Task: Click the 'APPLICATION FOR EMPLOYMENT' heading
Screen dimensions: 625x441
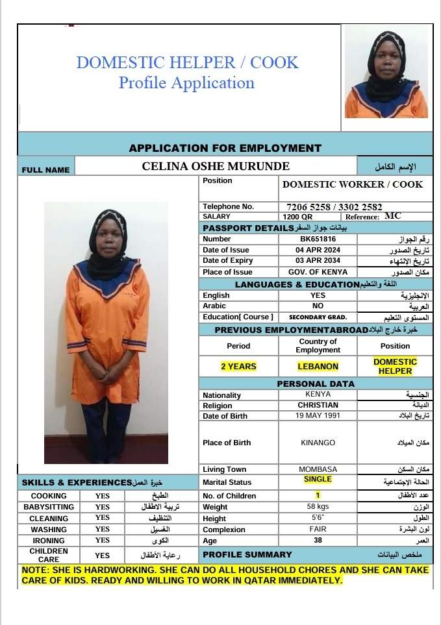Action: click(x=225, y=148)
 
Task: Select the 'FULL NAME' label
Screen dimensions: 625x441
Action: click(x=45, y=170)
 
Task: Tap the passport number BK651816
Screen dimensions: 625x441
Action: click(x=318, y=239)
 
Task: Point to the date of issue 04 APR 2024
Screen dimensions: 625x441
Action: click(x=318, y=250)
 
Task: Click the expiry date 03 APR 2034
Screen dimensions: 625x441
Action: click(x=318, y=261)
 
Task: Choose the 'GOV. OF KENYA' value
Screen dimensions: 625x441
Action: click(x=318, y=272)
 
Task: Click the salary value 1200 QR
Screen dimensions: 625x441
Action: click(x=298, y=217)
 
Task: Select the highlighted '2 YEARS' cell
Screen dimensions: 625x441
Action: click(x=238, y=367)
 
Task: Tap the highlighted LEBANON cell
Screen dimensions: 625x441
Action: click(x=318, y=367)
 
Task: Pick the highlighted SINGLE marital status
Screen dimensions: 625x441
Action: click(x=318, y=480)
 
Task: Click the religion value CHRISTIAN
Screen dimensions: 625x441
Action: click(x=318, y=405)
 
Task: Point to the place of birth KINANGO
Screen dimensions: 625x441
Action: click(x=318, y=443)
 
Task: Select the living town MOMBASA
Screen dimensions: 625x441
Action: click(x=318, y=469)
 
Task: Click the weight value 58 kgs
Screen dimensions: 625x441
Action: click(x=318, y=506)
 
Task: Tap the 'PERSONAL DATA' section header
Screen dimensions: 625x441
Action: click(x=316, y=384)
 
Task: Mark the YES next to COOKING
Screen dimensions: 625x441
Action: click(x=103, y=496)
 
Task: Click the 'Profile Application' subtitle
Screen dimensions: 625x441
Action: click(x=186, y=83)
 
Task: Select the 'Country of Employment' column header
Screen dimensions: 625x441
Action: click(x=318, y=345)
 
